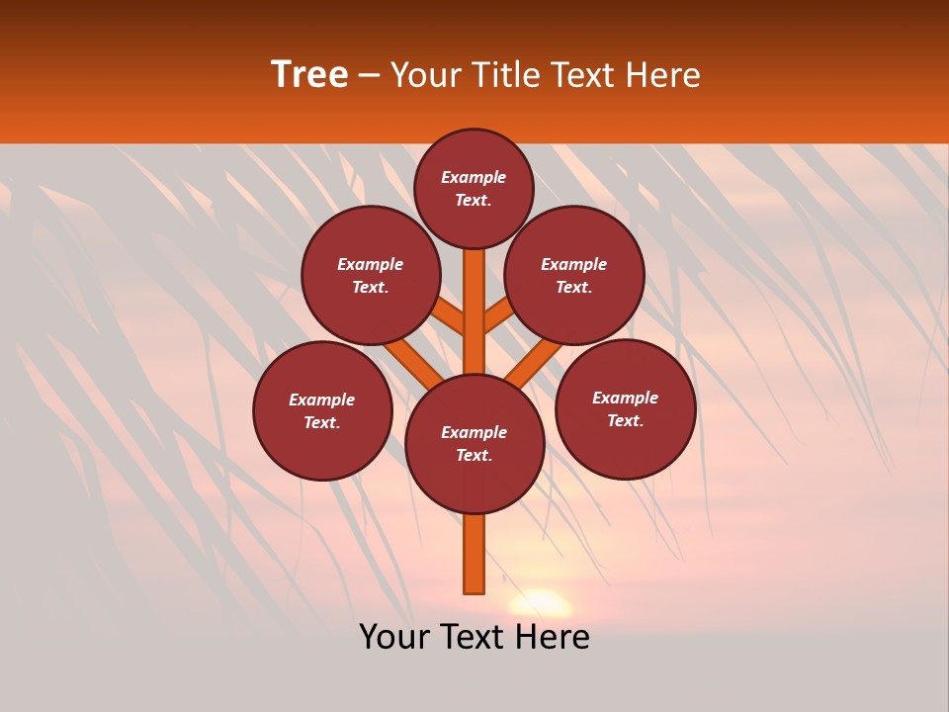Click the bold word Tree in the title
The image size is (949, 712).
309,75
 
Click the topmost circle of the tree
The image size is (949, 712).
474,188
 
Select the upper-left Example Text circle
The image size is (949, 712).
371,276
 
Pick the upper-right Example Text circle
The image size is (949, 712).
574,276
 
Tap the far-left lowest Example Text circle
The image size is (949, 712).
322,411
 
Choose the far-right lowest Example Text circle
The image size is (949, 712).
626,409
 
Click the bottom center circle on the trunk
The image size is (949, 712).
474,444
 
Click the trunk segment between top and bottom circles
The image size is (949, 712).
474,311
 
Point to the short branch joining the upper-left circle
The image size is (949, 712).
450,317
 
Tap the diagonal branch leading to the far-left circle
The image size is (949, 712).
413,361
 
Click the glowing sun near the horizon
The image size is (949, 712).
540,602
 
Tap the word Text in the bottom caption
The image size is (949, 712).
475,637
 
